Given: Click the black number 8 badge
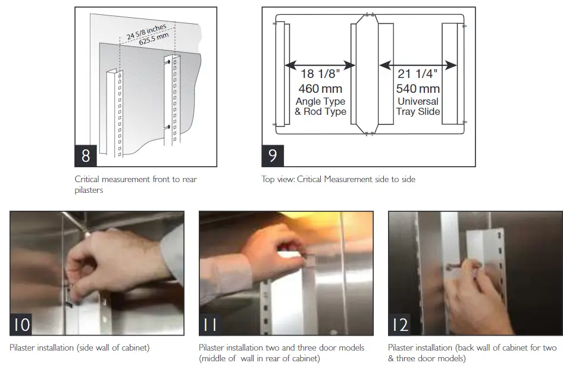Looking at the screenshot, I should tap(86, 155).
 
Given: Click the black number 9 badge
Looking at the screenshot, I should tap(273, 155).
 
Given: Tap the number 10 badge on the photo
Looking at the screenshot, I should tap(21, 325).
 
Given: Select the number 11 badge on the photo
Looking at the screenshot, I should tap(210, 325).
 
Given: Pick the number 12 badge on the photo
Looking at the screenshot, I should tap(400, 325).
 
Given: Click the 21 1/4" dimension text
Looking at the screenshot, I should tap(417, 74).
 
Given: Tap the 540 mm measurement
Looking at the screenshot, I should tap(417, 89).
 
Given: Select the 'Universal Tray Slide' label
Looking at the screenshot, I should tap(417, 107).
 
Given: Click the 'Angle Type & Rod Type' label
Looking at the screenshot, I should tap(320, 107).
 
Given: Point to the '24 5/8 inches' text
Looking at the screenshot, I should tap(146, 30).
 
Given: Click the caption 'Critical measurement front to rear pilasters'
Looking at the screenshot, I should tap(135, 183).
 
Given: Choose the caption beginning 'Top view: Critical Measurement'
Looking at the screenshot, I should tap(338, 179).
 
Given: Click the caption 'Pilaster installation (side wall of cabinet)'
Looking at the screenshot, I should tap(79, 348).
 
